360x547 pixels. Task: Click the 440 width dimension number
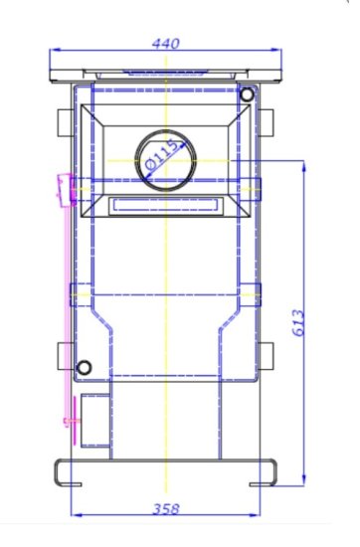pyautogui.click(x=166, y=44)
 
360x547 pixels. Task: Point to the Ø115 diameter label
pyautogui.click(x=163, y=155)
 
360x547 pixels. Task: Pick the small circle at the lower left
pyautogui.click(x=84, y=369)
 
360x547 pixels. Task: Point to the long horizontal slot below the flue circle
pyautogui.click(x=164, y=204)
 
